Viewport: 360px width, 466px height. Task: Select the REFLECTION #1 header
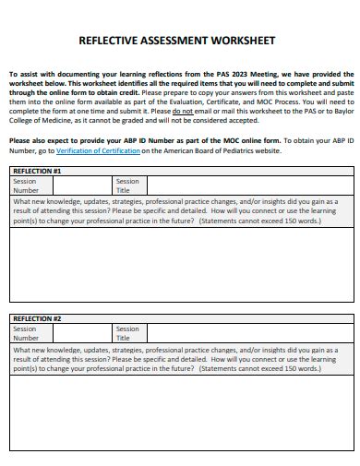pyautogui.click(x=37, y=172)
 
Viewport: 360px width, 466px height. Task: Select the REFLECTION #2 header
pyautogui.click(x=37, y=318)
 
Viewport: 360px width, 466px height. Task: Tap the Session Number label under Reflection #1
pyautogui.click(x=25, y=186)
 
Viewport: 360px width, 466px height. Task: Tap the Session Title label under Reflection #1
pyautogui.click(x=127, y=186)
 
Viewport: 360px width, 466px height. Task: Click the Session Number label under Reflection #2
pyautogui.click(x=25, y=333)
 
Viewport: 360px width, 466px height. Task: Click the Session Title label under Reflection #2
pyautogui.click(x=127, y=333)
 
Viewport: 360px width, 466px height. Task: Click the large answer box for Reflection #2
pyautogui.click(x=181, y=415)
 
